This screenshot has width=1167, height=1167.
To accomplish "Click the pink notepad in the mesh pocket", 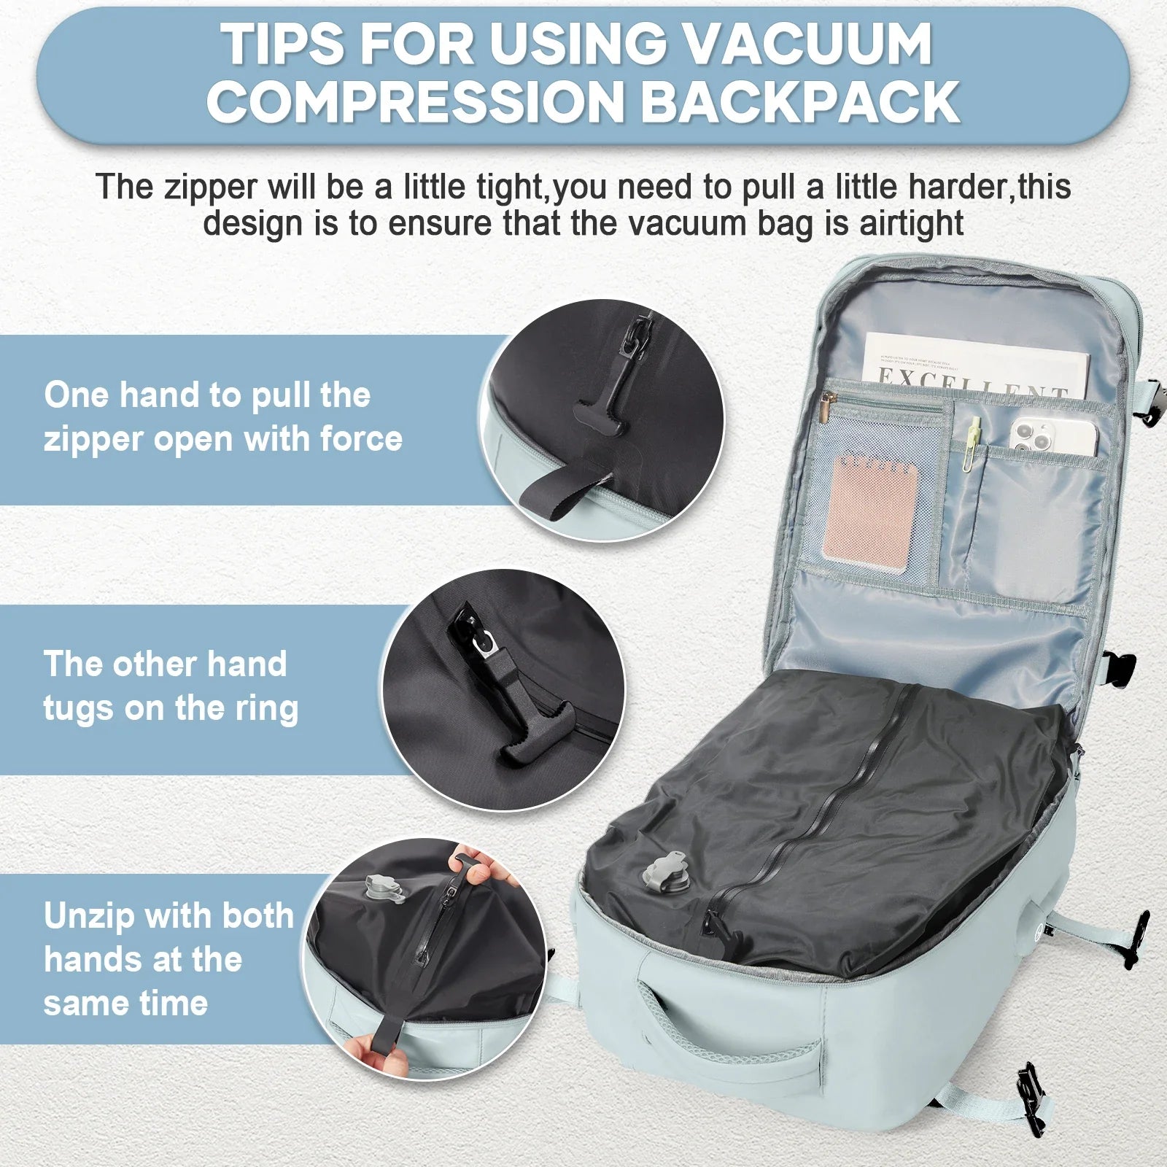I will pyautogui.click(x=869, y=503).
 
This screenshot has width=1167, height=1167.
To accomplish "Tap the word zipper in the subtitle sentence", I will pyautogui.click(x=208, y=187).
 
